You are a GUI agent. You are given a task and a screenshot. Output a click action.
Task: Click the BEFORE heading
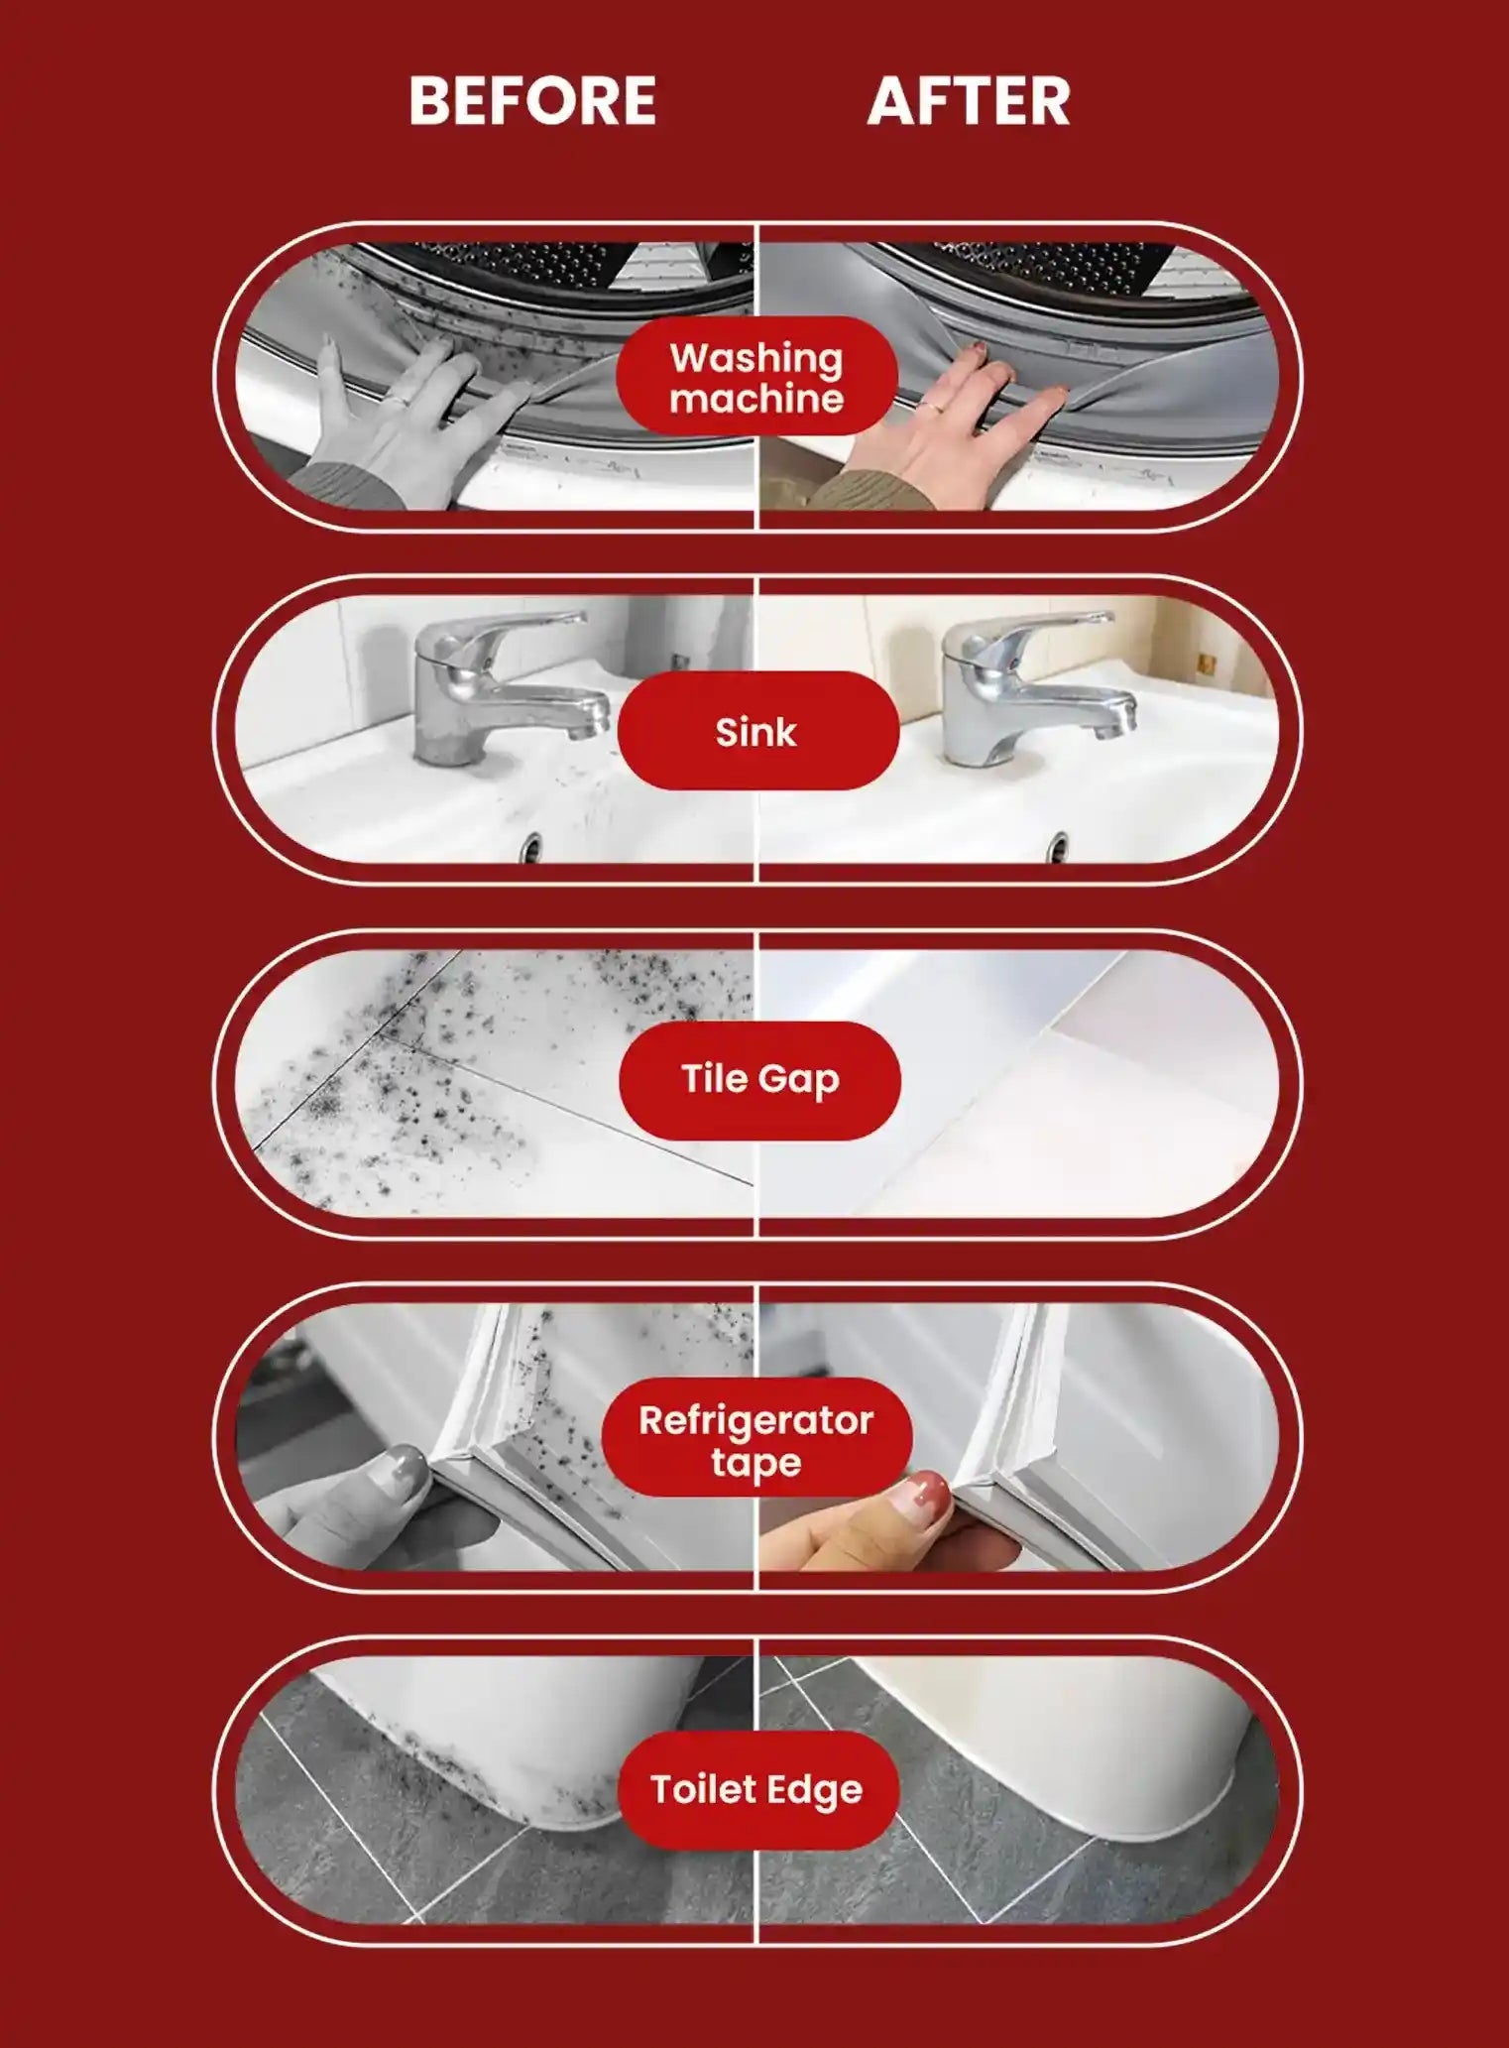[532, 100]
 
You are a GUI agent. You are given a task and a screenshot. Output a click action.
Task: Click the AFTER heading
[969, 100]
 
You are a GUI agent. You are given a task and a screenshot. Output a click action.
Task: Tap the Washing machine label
[756, 377]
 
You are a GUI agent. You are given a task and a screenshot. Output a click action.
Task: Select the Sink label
[757, 731]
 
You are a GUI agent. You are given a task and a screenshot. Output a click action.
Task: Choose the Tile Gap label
[759, 1080]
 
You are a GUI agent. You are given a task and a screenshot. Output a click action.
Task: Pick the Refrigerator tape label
[756, 1438]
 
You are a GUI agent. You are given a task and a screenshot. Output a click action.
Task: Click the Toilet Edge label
[757, 1789]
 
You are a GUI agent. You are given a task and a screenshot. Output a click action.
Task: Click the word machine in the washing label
[756, 399]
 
